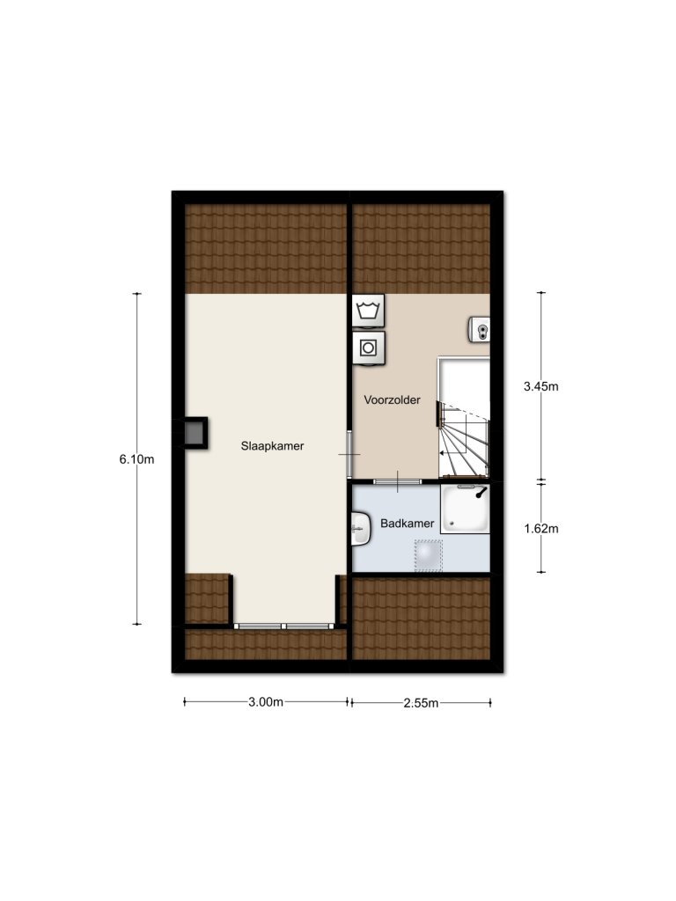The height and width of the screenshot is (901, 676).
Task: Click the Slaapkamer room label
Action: (x=272, y=446)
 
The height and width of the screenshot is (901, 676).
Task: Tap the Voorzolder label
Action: (x=392, y=400)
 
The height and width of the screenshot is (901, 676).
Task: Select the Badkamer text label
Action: (x=407, y=524)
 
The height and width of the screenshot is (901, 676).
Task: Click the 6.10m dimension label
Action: (x=136, y=459)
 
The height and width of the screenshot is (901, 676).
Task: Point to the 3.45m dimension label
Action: (x=541, y=386)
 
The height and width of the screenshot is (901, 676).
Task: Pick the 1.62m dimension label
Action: (x=541, y=529)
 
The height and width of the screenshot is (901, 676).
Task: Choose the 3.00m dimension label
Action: (x=266, y=702)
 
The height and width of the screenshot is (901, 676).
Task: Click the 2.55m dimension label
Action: (x=421, y=703)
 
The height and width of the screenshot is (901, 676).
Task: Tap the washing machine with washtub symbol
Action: (x=369, y=311)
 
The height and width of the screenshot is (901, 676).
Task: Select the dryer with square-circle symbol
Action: (x=369, y=348)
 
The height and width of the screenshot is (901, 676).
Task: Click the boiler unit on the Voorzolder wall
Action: (x=480, y=330)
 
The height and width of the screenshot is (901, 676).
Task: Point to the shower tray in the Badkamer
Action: (x=465, y=509)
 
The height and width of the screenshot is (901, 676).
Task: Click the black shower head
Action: (x=481, y=493)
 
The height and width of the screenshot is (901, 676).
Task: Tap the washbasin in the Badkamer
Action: (x=360, y=529)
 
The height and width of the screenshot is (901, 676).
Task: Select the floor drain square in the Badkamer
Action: (x=429, y=555)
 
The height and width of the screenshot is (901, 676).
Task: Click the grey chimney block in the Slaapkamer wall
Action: (x=195, y=433)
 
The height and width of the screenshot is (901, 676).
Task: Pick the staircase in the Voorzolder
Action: (x=464, y=418)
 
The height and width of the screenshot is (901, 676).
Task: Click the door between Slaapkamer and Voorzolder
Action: (x=349, y=454)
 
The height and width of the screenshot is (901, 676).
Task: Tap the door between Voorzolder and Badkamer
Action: (x=397, y=481)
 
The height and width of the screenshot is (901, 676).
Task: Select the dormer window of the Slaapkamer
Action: (x=284, y=626)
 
